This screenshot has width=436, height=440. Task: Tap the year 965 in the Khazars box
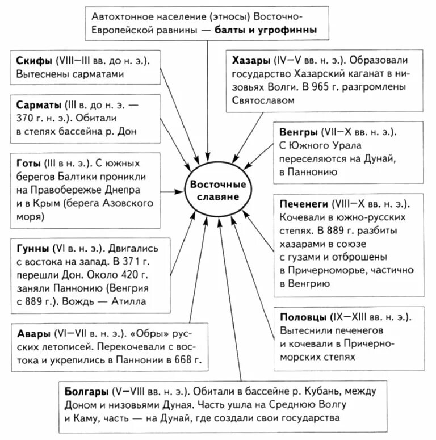(338, 87)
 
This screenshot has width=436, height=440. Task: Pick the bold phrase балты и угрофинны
(266, 29)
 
